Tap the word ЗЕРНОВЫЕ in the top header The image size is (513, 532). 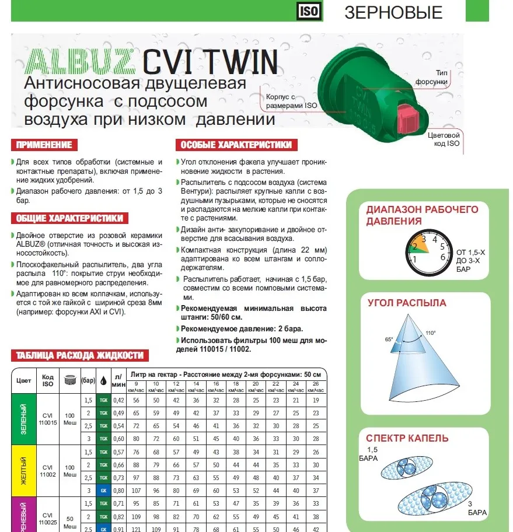click(x=393, y=12)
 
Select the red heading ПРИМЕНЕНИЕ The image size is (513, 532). click(x=44, y=145)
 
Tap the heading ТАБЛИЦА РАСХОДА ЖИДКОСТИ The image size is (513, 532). click(x=79, y=355)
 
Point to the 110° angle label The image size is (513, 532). click(x=431, y=332)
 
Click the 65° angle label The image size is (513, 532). click(x=389, y=338)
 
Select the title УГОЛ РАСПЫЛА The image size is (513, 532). click(x=407, y=303)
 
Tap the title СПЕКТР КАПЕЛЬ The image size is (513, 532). click(x=407, y=438)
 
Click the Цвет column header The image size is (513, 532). click(x=25, y=380)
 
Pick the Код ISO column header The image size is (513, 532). click(x=48, y=380)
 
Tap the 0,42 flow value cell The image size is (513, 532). click(x=118, y=400)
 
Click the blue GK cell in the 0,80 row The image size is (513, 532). click(x=103, y=491)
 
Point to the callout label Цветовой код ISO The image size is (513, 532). click(x=444, y=139)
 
